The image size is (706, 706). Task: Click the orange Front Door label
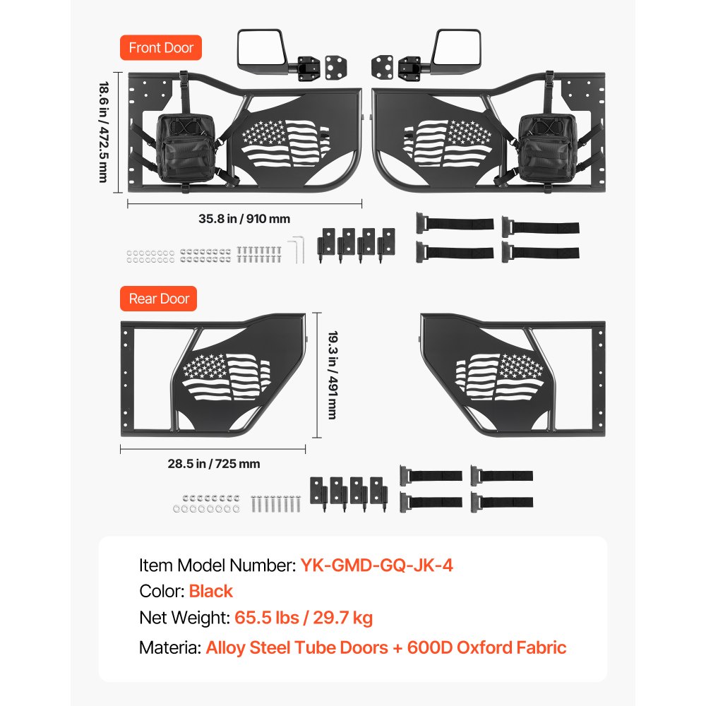pos(161,48)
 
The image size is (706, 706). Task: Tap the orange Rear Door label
pos(159,299)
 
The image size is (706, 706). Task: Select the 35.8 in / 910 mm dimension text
pos(244,219)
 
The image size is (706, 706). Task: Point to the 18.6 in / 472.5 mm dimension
pos(103,132)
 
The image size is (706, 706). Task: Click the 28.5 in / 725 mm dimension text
pos(214,464)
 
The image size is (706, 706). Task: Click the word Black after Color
pos(210,591)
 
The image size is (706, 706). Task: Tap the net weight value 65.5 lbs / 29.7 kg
pos(304,618)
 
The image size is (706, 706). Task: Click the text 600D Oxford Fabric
pos(486,647)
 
